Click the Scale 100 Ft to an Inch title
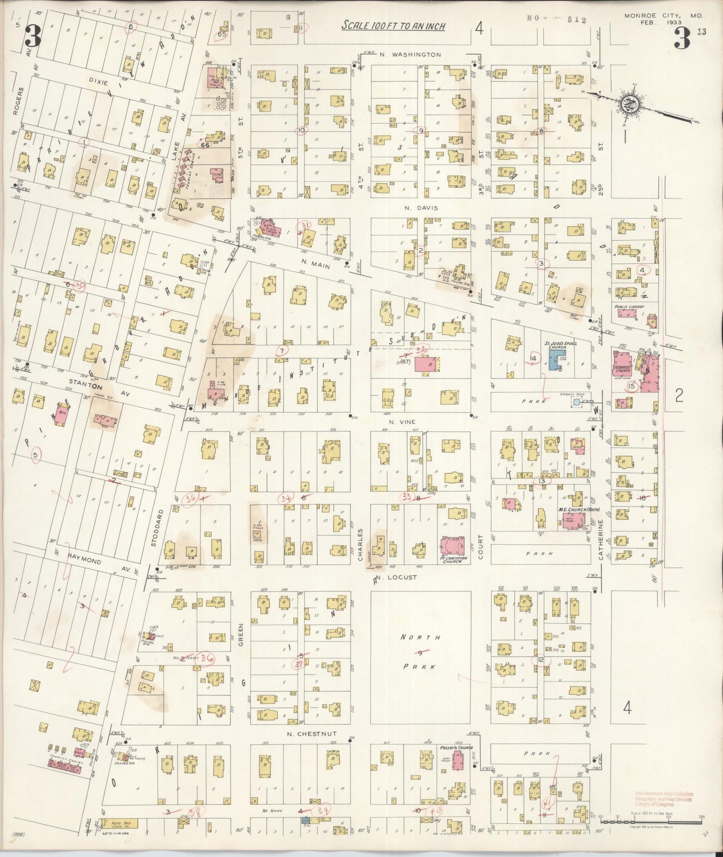(x=393, y=26)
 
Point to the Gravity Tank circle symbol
(x=576, y=402)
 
